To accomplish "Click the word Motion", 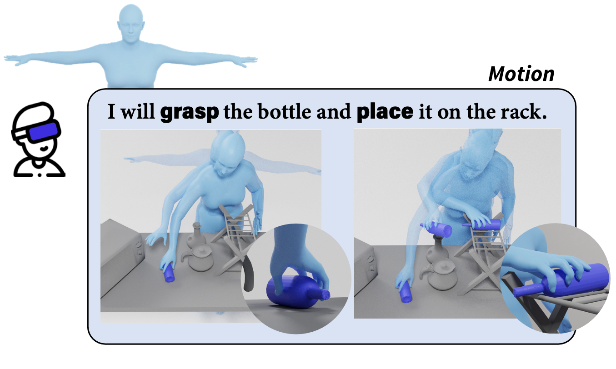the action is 521,74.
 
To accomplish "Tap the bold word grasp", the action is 190,112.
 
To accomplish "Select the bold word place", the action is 385,111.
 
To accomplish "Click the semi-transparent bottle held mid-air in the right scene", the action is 437,229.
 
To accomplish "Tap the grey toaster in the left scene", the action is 121,252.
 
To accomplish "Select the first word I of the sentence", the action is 111,112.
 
